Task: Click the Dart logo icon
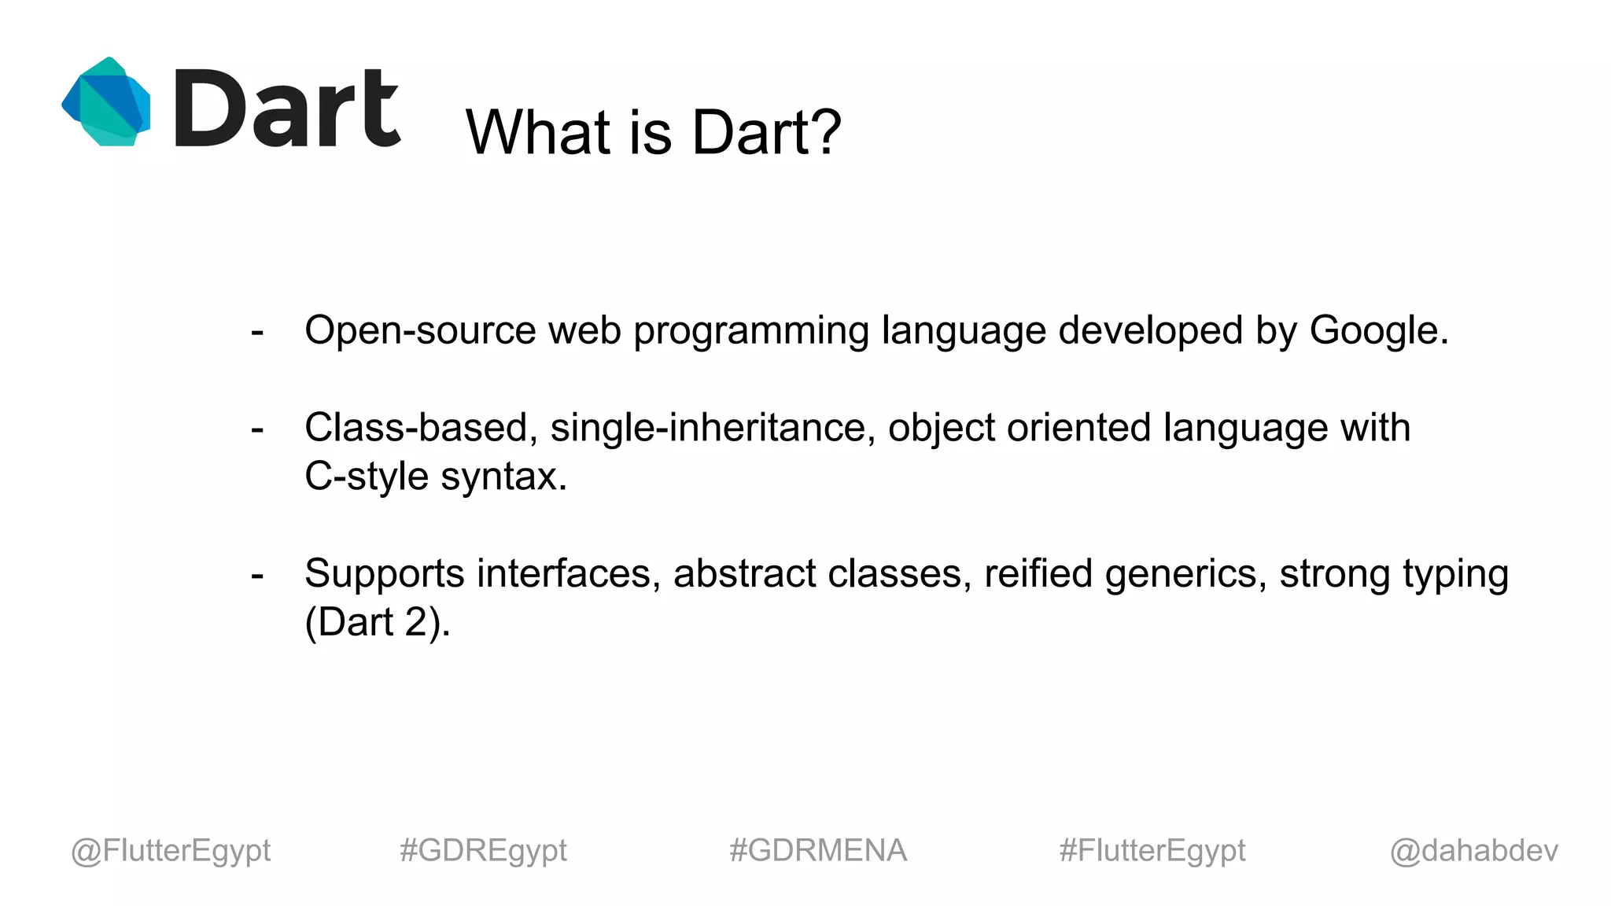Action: (x=106, y=101)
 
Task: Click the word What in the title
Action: (x=539, y=131)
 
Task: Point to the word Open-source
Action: (x=420, y=330)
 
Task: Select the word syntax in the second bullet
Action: (x=503, y=477)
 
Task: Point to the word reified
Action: (x=1038, y=573)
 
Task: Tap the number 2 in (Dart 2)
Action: (x=415, y=622)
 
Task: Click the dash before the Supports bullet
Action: (x=257, y=576)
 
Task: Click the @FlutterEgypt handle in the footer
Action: (x=171, y=850)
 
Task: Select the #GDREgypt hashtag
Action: (x=483, y=850)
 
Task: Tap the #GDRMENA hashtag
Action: (x=818, y=850)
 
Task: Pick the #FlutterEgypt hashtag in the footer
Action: (x=1152, y=850)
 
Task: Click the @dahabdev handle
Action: (x=1474, y=850)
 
